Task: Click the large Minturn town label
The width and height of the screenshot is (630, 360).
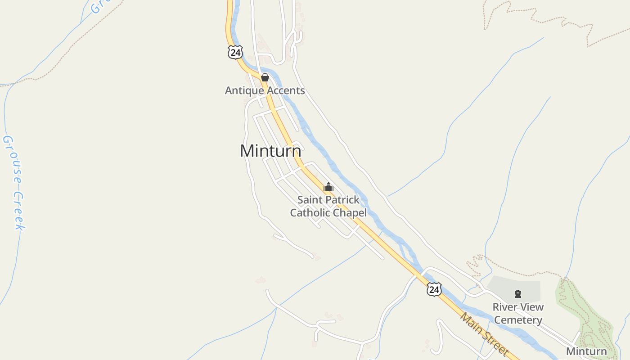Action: [270, 151]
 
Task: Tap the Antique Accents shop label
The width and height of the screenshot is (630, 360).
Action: [265, 90]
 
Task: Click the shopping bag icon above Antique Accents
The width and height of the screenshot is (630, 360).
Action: [265, 77]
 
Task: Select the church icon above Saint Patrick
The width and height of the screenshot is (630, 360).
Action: [328, 187]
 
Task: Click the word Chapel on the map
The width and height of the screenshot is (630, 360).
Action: [349, 213]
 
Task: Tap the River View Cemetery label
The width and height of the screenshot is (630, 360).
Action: [518, 314]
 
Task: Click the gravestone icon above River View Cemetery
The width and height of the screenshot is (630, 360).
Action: [518, 294]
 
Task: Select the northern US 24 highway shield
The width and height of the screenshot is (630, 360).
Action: [235, 52]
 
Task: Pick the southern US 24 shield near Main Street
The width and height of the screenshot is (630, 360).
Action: [434, 289]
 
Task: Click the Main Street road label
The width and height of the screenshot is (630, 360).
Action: [484, 334]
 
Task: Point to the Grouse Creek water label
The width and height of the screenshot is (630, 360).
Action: [13, 182]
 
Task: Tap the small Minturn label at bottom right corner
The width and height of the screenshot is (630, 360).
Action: [586, 351]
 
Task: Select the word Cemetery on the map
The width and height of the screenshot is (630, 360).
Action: [518, 320]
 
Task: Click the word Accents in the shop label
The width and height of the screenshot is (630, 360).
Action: [285, 90]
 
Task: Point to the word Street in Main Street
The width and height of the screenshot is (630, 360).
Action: [495, 344]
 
